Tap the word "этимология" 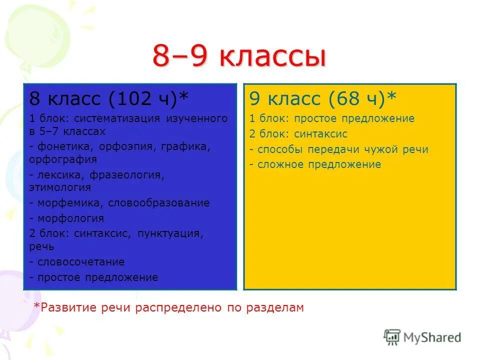[60, 187]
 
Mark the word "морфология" [70, 218]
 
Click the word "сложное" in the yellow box [280, 164]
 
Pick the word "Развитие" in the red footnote [61, 307]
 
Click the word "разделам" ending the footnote [274, 307]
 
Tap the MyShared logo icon [392, 337]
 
